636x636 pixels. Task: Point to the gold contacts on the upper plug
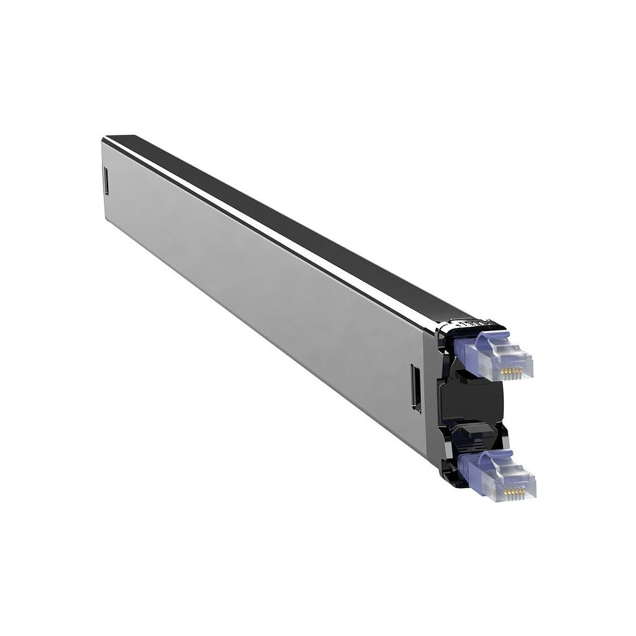(511, 371)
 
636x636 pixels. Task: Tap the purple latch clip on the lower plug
(494, 457)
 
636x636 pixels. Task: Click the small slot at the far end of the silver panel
(105, 181)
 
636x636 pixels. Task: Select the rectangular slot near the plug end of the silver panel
(416, 388)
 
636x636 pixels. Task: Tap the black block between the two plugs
(472, 403)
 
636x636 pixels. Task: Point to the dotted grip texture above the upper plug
(467, 324)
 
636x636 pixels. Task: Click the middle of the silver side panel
(261, 298)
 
